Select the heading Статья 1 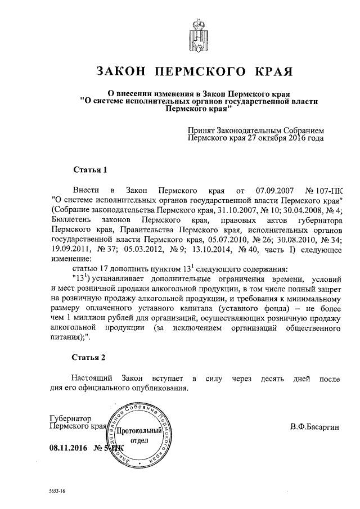tap(90, 169)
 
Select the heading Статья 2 tap(90, 357)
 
